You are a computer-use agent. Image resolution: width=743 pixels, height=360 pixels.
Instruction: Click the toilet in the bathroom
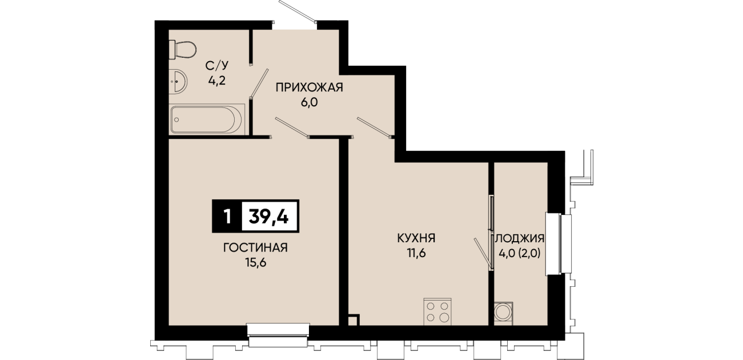click(x=182, y=50)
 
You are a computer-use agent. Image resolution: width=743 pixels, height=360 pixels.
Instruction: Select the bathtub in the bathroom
click(x=207, y=119)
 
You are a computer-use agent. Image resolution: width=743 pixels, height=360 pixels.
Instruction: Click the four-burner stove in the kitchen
click(x=437, y=311)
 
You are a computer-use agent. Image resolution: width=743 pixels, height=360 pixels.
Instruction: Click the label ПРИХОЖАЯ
click(x=309, y=87)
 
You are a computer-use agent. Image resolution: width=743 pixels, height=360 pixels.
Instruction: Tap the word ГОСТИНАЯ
click(x=255, y=247)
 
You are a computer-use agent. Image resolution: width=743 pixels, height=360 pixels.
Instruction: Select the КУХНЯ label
click(x=416, y=238)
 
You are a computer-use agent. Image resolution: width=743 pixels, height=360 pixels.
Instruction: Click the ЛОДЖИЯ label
click(x=520, y=238)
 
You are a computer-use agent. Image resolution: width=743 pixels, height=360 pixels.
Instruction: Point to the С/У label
click(x=217, y=66)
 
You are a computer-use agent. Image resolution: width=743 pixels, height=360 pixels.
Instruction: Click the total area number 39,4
click(x=268, y=217)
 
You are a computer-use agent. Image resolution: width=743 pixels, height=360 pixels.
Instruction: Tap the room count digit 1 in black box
click(x=227, y=217)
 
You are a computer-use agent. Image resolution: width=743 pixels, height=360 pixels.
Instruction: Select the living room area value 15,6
click(x=256, y=262)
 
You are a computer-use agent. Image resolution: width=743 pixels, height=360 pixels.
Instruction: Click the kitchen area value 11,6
click(x=416, y=253)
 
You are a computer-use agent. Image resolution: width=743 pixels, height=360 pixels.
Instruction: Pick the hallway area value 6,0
click(x=309, y=102)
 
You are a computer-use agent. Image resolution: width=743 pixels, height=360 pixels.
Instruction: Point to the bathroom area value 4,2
click(x=217, y=81)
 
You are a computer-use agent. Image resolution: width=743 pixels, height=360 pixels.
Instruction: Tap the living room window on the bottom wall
click(x=278, y=334)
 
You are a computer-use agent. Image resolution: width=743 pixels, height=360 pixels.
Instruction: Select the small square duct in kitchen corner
click(x=354, y=320)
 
